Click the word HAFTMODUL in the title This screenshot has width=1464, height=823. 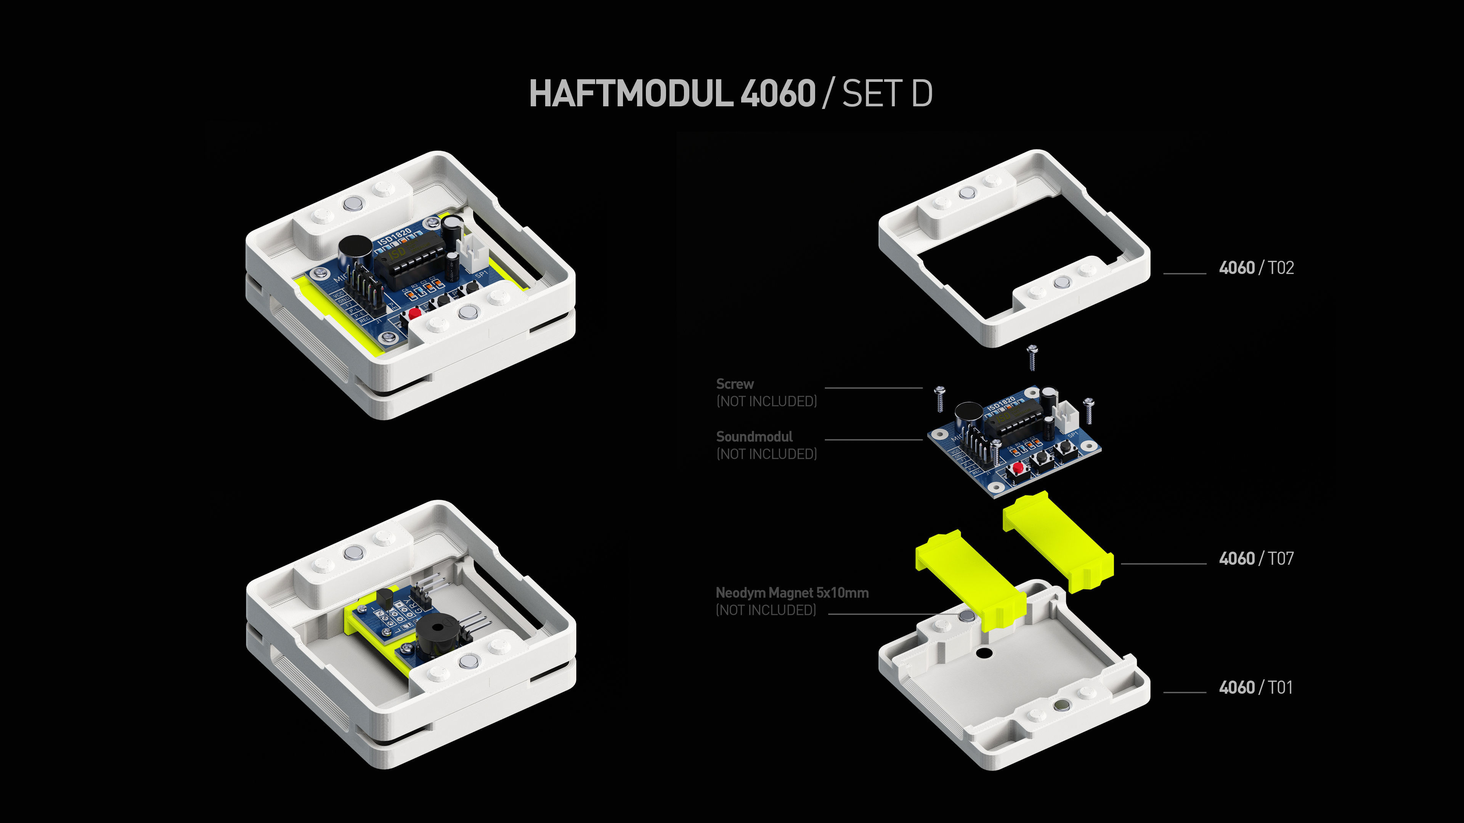pos(631,94)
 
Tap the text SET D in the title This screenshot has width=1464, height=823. pos(886,94)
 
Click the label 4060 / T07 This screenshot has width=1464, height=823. pos(1256,558)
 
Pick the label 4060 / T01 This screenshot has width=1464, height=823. pos(1255,687)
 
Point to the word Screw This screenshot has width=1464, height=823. pos(735,384)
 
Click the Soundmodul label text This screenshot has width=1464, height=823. pos(754,437)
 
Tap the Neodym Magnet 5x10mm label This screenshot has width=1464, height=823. pos(792,593)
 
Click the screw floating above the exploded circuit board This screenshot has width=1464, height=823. pos(1033,357)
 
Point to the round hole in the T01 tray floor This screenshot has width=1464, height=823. pos(982,653)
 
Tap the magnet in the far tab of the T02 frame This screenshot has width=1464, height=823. pos(966,194)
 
